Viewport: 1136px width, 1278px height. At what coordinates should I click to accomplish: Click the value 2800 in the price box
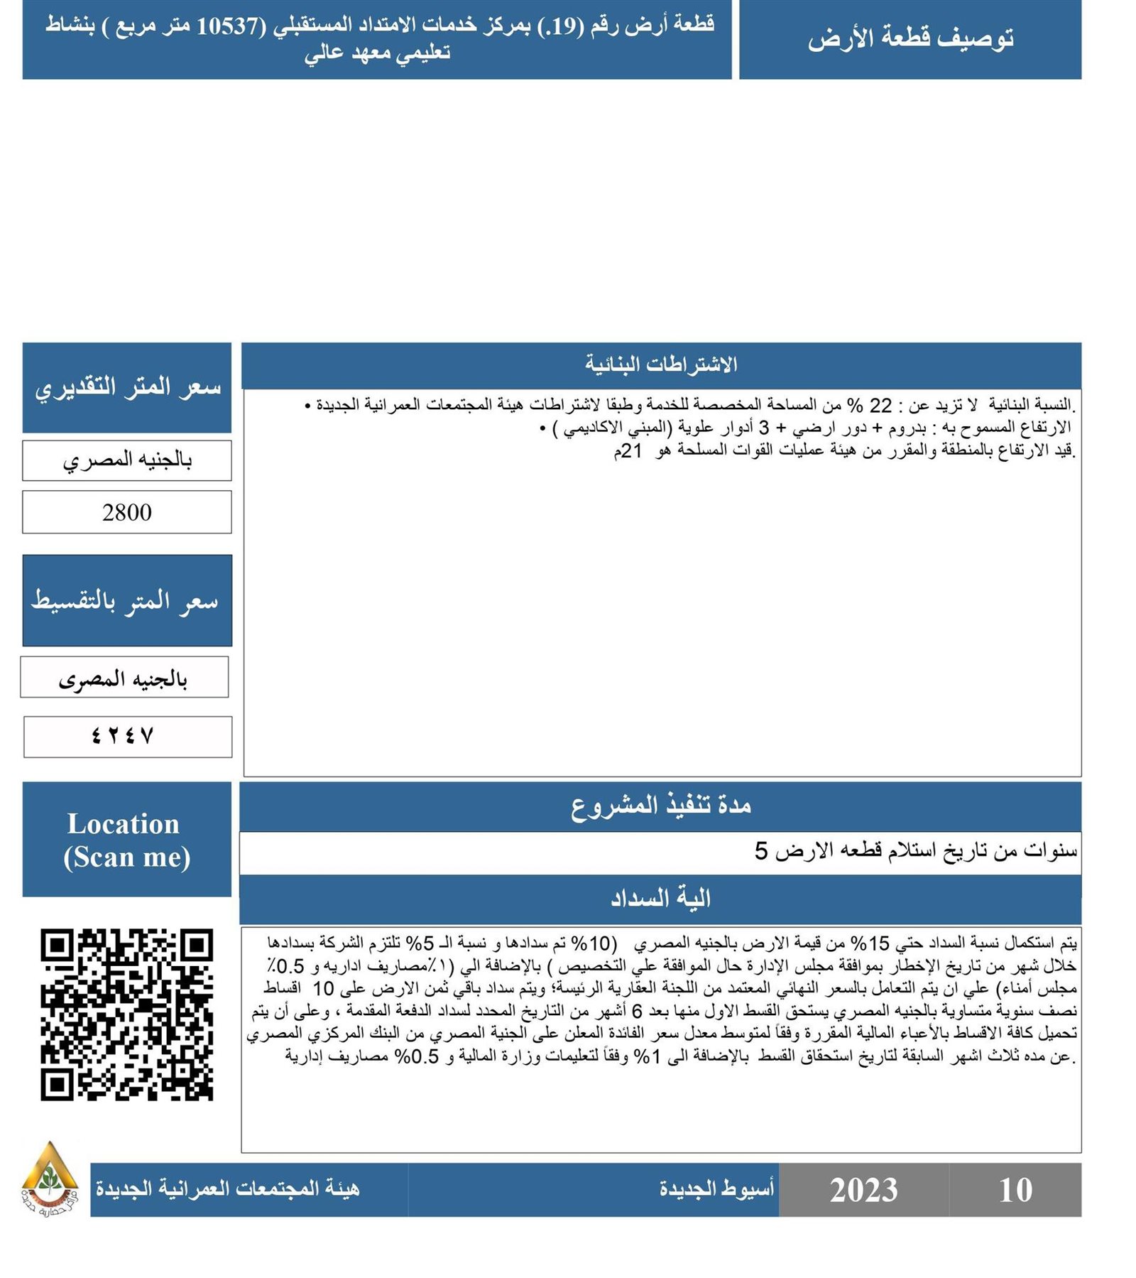pos(126,512)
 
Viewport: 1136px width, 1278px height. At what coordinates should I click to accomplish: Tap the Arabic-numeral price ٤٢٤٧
pos(123,736)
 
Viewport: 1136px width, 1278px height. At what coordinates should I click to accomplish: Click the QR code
pos(126,1014)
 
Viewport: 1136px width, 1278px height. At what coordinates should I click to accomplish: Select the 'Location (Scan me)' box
pos(126,839)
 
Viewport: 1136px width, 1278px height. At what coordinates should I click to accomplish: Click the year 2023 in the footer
pos(863,1189)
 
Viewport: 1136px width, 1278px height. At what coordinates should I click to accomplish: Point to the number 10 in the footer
pos(1015,1189)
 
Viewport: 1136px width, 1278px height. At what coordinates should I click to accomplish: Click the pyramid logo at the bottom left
pos(49,1179)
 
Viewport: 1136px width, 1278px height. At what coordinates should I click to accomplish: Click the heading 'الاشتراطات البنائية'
pos(660,364)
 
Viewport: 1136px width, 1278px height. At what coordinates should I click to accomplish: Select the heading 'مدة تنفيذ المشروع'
pos(660,806)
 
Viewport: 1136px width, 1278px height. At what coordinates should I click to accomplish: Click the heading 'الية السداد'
pos(660,899)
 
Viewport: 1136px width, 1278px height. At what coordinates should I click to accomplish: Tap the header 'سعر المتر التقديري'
pos(127,388)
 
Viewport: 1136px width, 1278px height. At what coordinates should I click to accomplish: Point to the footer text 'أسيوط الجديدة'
pos(716,1188)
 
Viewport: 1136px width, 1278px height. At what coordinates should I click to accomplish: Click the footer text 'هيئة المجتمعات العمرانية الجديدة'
pos(228,1188)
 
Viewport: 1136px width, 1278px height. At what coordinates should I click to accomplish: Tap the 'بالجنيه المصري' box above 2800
pos(126,460)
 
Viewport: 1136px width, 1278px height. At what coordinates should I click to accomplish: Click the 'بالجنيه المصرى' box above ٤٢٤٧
pos(124,679)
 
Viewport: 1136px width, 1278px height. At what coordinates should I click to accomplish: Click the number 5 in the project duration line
pos(761,850)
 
